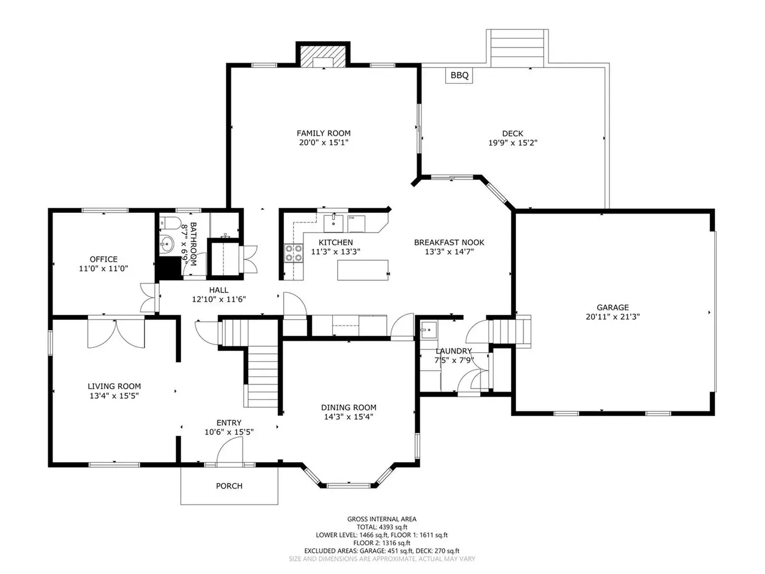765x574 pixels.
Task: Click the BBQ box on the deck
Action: (x=458, y=75)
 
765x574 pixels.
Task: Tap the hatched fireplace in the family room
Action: (x=323, y=56)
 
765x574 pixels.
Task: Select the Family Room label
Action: (x=323, y=133)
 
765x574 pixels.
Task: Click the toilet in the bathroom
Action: (x=170, y=222)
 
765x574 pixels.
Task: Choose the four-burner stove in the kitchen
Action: (x=294, y=254)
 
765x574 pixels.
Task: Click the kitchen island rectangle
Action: (x=362, y=270)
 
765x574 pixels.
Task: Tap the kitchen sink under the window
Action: (x=333, y=224)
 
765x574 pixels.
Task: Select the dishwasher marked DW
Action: (x=356, y=224)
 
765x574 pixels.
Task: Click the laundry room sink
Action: (x=429, y=329)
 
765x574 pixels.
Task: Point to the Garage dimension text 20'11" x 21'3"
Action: (x=613, y=317)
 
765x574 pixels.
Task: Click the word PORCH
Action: (x=229, y=486)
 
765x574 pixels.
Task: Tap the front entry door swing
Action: (x=229, y=451)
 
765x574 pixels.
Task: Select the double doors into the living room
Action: (x=116, y=333)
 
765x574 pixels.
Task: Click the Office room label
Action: (x=103, y=259)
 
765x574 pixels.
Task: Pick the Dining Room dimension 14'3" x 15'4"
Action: (x=348, y=417)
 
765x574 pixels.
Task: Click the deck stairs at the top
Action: (x=517, y=48)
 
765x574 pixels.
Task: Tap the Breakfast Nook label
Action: (x=449, y=242)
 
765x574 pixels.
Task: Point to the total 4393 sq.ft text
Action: (x=382, y=527)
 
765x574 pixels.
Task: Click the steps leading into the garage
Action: (x=509, y=331)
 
